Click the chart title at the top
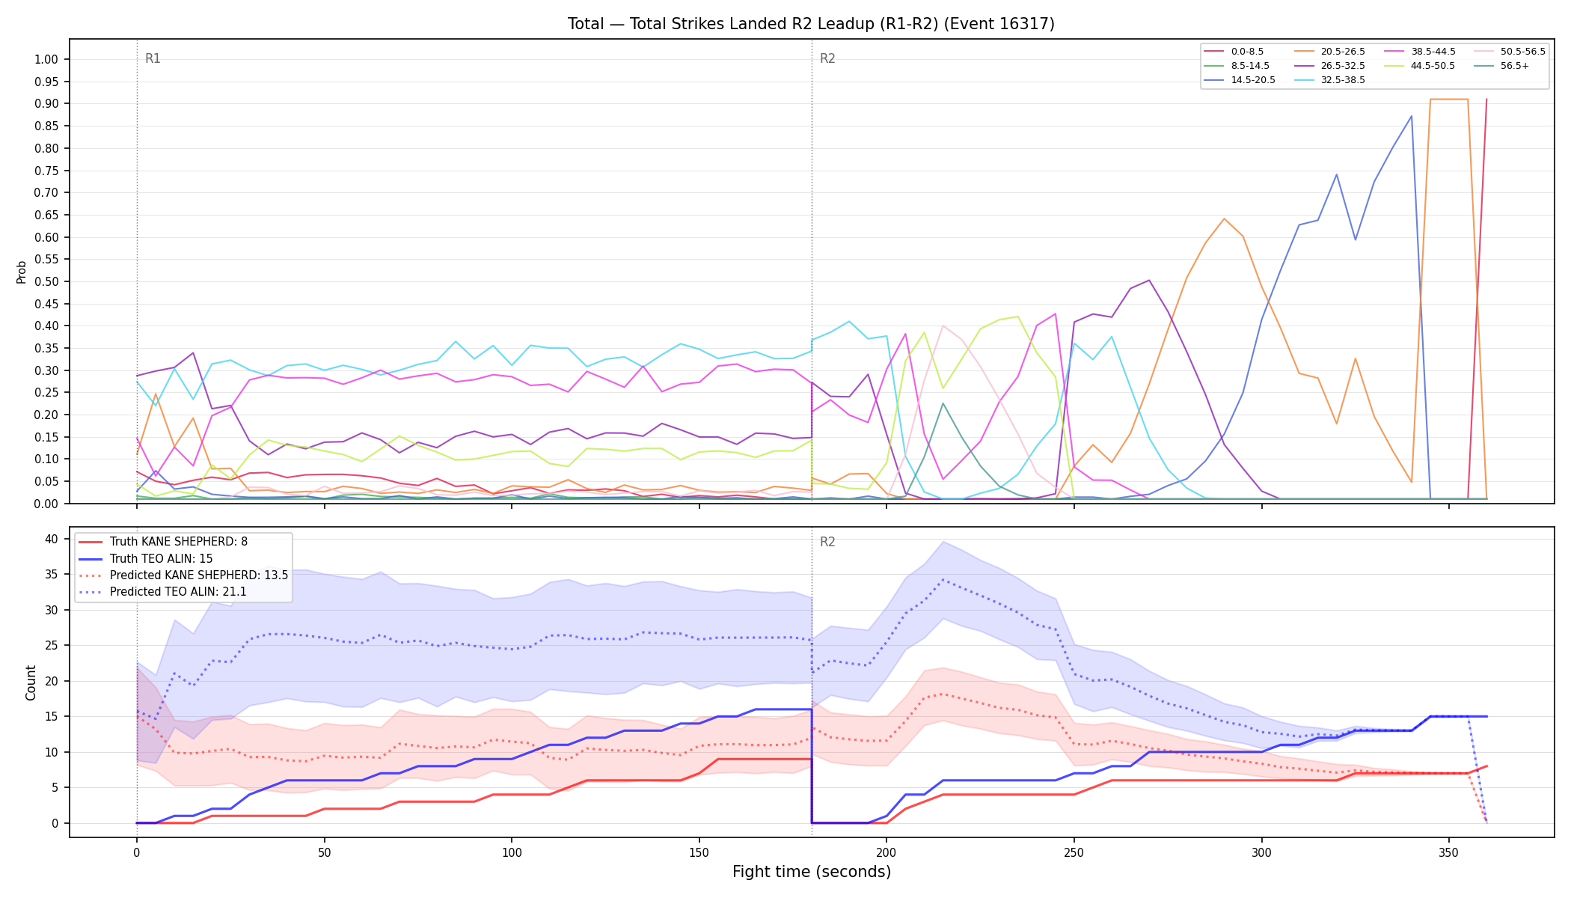coord(811,24)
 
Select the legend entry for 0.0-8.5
coord(1234,52)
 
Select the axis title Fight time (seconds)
coord(812,872)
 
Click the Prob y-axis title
coord(22,272)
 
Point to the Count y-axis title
coord(31,682)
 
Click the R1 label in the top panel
coord(153,58)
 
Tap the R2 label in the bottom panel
coord(827,542)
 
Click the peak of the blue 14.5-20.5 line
coord(1411,116)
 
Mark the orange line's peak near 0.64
coord(1224,219)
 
